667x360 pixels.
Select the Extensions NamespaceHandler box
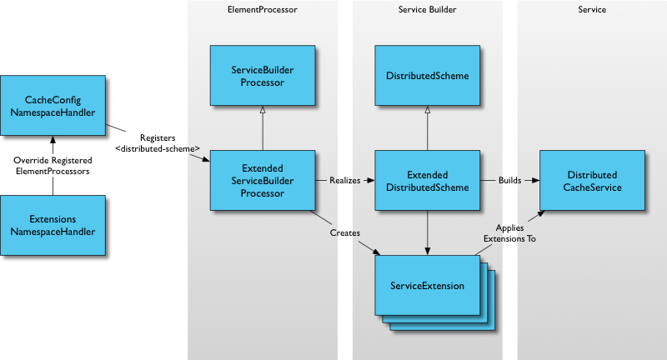[53, 225]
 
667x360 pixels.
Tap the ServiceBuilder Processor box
[262, 76]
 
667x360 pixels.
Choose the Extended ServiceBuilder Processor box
[262, 181]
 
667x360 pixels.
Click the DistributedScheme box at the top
[427, 76]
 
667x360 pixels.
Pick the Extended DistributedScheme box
[427, 181]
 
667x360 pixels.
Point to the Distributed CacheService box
[592, 181]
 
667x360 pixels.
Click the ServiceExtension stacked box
[427, 286]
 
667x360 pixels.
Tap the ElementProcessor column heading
[262, 9]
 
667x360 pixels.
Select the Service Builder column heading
[427, 9]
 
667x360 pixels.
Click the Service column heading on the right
[592, 9]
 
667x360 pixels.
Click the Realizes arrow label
[344, 180]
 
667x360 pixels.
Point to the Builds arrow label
[509, 180]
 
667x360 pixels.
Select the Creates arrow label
[344, 233]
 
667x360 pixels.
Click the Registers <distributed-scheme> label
[157, 142]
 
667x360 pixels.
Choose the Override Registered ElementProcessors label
[53, 165]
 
